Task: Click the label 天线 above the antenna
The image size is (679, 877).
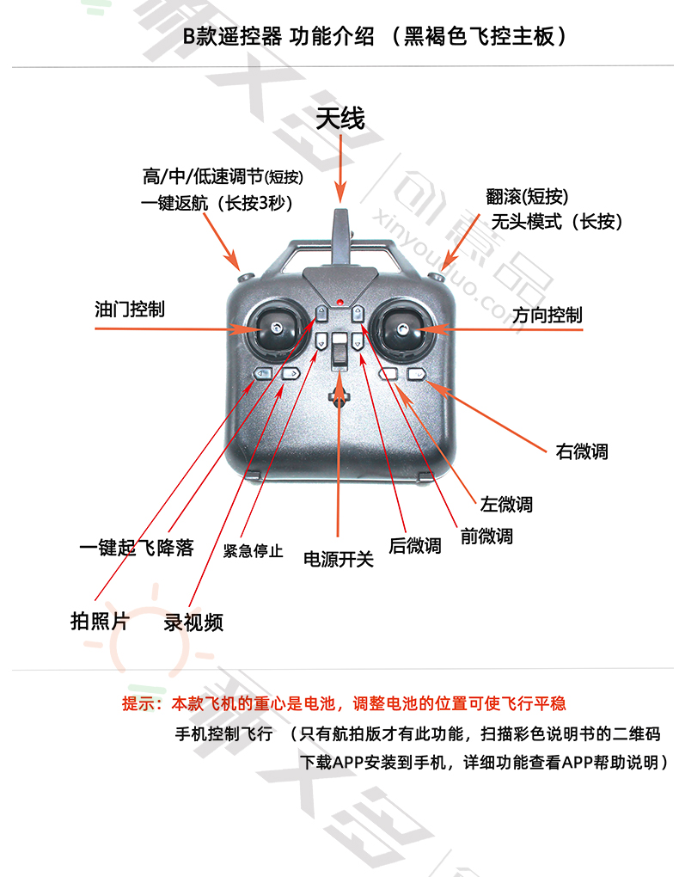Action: click(x=340, y=119)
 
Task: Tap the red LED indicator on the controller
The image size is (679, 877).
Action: click(x=339, y=303)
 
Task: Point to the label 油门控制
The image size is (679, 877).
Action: click(x=130, y=309)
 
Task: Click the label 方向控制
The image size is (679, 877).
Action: click(x=547, y=315)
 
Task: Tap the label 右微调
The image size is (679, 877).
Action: click(x=582, y=451)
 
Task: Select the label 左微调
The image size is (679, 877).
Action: click(x=506, y=504)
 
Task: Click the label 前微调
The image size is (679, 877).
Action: click(x=486, y=536)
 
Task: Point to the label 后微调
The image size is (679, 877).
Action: click(x=415, y=545)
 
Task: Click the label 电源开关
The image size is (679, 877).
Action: click(x=339, y=559)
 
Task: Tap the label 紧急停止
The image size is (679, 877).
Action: click(x=253, y=551)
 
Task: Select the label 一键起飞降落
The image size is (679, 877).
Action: click(x=137, y=547)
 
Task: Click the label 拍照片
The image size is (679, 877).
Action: click(x=100, y=621)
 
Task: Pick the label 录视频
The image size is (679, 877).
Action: click(x=193, y=622)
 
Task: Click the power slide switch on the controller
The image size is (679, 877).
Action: click(x=339, y=351)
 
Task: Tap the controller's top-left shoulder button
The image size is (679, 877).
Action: click(x=246, y=277)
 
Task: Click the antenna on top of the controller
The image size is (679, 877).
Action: click(x=340, y=237)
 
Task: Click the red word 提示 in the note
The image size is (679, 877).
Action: click(x=138, y=703)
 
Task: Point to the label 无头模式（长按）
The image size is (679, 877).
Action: click(x=556, y=222)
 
